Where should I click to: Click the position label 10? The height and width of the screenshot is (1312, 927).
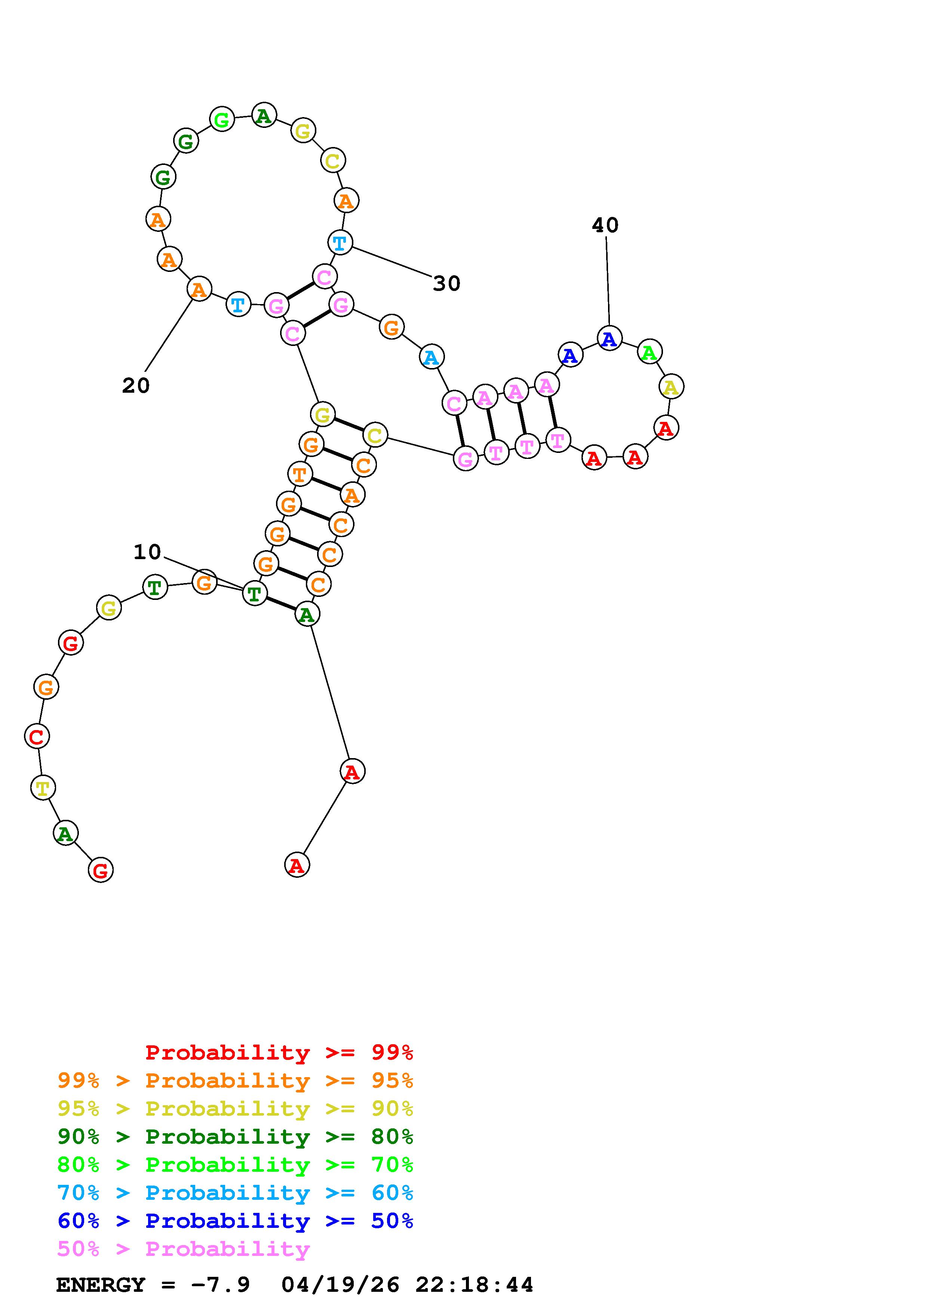pyautogui.click(x=147, y=552)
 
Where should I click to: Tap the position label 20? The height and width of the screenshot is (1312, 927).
pyautogui.click(x=136, y=386)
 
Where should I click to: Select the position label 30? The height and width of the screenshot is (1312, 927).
pyautogui.click(x=446, y=283)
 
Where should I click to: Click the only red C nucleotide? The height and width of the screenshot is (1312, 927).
pyautogui.click(x=37, y=736)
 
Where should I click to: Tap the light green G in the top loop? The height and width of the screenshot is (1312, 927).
pyautogui.click(x=222, y=119)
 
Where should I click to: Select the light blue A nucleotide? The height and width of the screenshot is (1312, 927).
pyautogui.click(x=431, y=357)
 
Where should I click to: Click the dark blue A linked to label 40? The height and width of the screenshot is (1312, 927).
pyautogui.click(x=610, y=338)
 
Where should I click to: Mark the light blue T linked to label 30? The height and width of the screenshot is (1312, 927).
pyautogui.click(x=340, y=242)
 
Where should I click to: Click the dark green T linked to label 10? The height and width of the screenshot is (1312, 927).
pyautogui.click(x=254, y=593)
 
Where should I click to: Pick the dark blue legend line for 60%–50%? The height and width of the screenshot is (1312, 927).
pyautogui.click(x=235, y=1221)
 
